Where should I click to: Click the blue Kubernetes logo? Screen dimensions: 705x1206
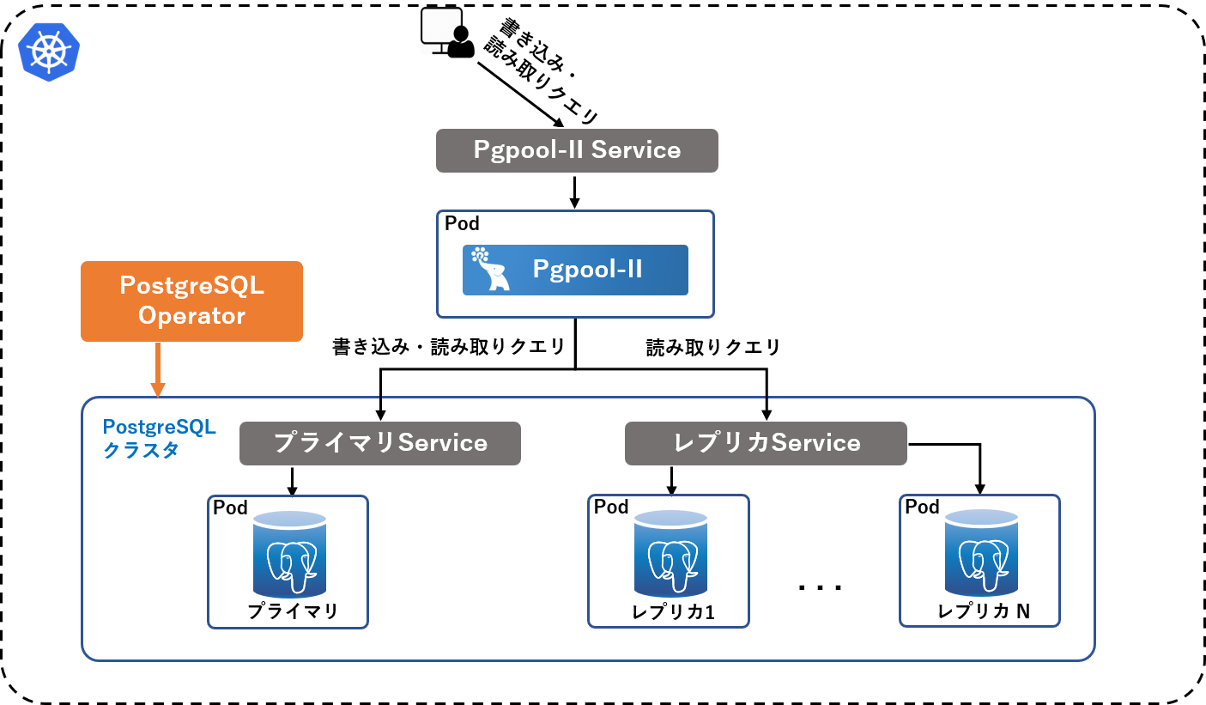pyautogui.click(x=49, y=51)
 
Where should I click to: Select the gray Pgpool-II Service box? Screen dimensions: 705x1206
pyautogui.click(x=577, y=150)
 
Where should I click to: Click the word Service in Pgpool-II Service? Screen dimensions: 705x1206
pyautogui.click(x=636, y=150)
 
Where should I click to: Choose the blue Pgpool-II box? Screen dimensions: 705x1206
pyautogui.click(x=575, y=270)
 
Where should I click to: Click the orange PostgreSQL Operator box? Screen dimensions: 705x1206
pyautogui.click(x=191, y=301)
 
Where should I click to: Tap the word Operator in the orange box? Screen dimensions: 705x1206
pyautogui.click(x=191, y=316)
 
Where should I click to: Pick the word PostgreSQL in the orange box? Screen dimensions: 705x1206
pyautogui.click(x=191, y=286)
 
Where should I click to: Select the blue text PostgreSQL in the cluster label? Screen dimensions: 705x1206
pyautogui.click(x=160, y=428)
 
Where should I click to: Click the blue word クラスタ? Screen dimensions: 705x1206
pyautogui.click(x=141, y=450)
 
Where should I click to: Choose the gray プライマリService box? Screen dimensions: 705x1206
pyautogui.click(x=379, y=443)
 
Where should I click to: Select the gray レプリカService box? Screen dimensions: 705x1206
pyautogui.click(x=766, y=443)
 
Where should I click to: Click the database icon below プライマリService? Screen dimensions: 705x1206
pyautogui.click(x=289, y=554)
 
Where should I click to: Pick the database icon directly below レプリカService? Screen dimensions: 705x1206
pyautogui.click(x=670, y=554)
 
